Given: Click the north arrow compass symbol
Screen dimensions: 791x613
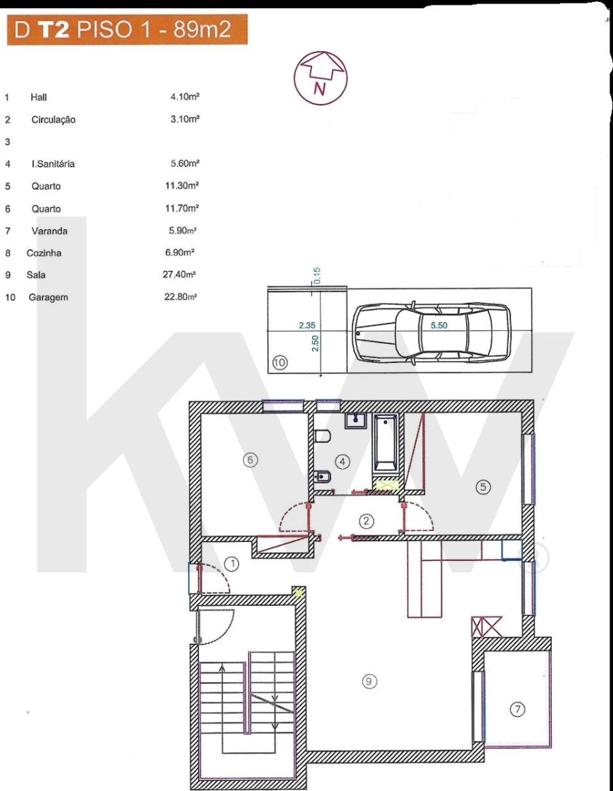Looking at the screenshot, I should (x=321, y=78).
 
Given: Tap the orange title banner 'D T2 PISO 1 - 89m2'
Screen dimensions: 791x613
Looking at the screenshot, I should (x=127, y=31).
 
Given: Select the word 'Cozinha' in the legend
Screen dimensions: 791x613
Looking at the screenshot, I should (x=44, y=253).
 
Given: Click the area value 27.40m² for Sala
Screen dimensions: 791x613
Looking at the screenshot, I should (x=180, y=275).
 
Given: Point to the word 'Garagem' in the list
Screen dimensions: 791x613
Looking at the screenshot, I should (x=48, y=297).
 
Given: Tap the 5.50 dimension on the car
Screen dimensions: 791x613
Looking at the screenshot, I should (x=439, y=326).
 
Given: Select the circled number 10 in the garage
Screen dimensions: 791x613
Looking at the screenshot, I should (x=279, y=364).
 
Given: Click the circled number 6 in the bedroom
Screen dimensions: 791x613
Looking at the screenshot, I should (x=250, y=460).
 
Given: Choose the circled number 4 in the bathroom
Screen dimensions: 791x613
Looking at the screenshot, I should (x=343, y=462).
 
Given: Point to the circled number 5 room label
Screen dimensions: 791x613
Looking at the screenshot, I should (x=483, y=487).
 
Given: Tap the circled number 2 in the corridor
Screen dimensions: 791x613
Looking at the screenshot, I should (x=367, y=521).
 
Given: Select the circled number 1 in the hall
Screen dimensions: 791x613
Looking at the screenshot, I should (x=232, y=564).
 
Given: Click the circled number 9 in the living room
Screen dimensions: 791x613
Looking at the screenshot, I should (x=369, y=681).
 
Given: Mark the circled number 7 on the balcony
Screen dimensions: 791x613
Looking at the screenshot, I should (x=518, y=709).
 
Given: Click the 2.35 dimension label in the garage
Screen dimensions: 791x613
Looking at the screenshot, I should (x=307, y=326).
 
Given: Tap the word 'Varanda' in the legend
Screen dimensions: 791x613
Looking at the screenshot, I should (x=49, y=231).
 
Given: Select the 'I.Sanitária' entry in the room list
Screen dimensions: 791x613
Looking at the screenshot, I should (x=53, y=164).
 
